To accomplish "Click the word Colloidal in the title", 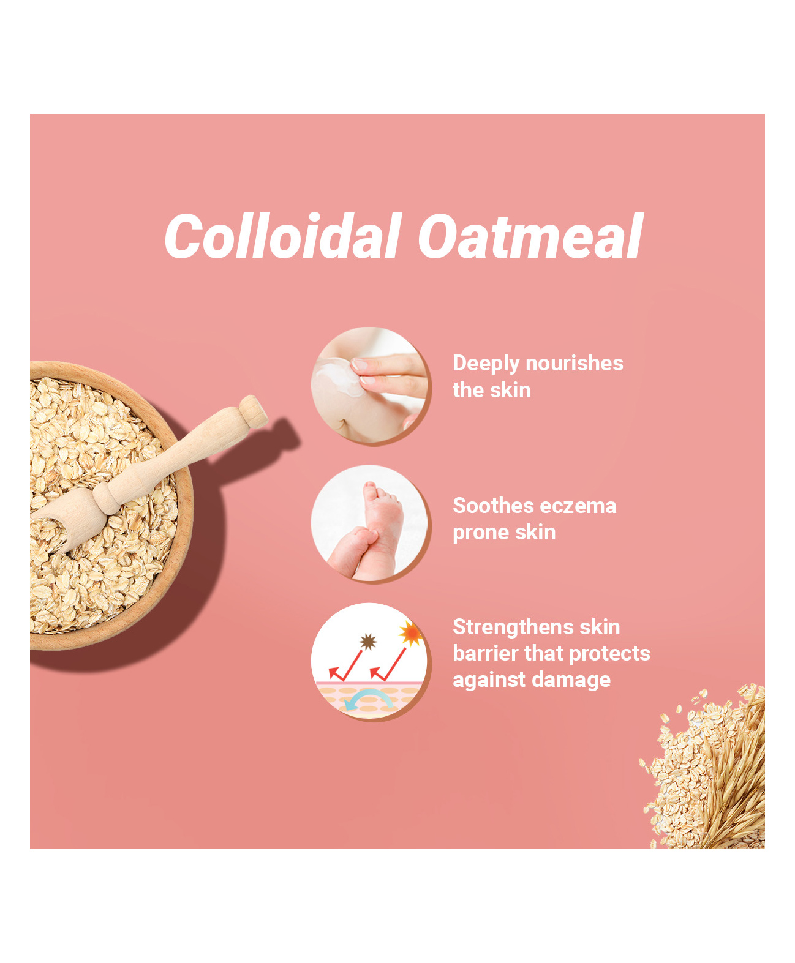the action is (283, 236).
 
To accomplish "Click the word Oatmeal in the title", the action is (530, 236).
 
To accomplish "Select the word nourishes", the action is (575, 363).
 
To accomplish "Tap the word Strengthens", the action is (513, 628).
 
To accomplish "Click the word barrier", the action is (485, 654).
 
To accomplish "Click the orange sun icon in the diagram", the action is (410, 633).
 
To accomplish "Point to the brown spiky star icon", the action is (367, 642).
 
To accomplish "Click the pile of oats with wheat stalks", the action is (704, 768).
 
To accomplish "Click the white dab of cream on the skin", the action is (339, 375).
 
